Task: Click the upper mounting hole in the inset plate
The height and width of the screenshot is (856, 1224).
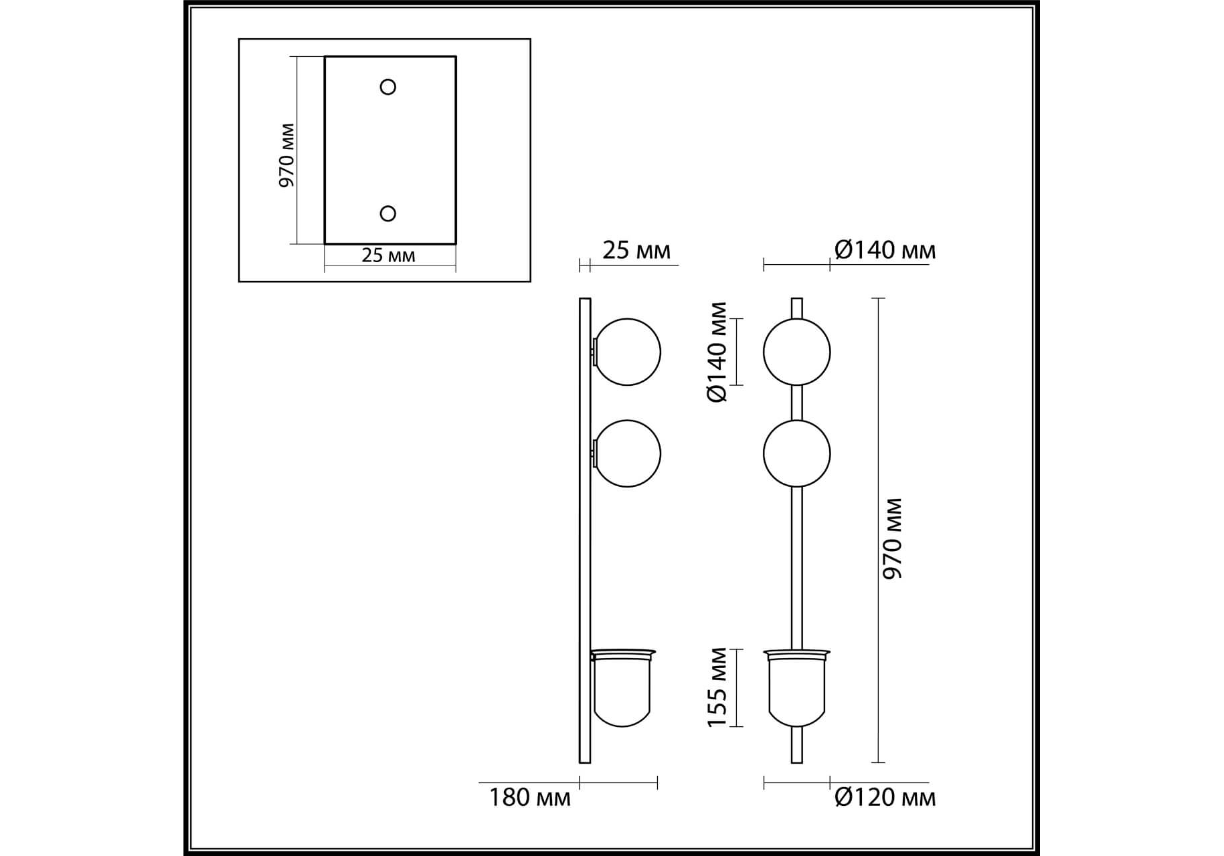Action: click(387, 87)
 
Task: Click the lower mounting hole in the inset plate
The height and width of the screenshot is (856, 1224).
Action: click(387, 213)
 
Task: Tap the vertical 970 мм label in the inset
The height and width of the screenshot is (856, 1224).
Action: click(286, 155)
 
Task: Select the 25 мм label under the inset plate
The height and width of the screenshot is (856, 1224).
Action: click(388, 255)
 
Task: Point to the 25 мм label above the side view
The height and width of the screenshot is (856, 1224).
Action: click(636, 250)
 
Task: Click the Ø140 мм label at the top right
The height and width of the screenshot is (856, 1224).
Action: click(885, 250)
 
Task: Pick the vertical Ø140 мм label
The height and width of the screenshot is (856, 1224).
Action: click(717, 352)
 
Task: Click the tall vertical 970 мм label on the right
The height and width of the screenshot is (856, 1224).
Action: click(893, 538)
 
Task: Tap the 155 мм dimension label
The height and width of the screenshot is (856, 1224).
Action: click(717, 687)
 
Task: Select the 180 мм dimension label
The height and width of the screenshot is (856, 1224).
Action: click(529, 798)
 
